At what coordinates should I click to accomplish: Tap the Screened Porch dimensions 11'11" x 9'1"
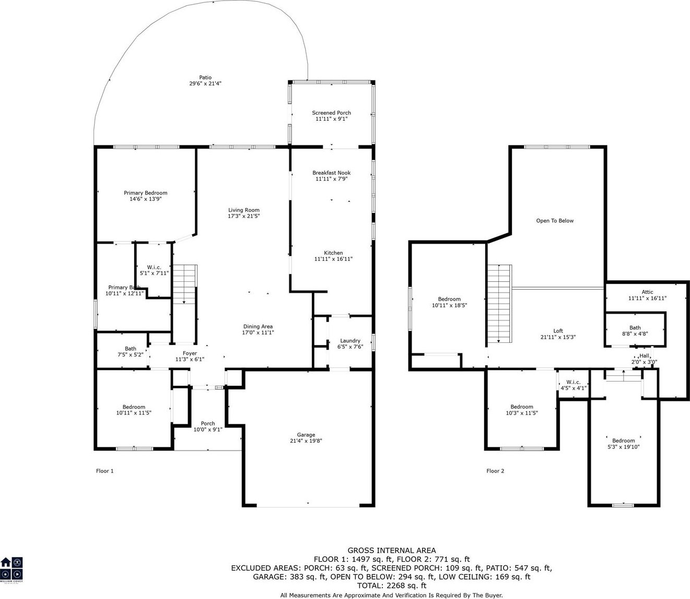pos(331,119)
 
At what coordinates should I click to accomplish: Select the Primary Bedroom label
pos(145,193)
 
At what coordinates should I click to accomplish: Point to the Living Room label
pos(243,210)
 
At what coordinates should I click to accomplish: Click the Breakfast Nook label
pos(331,172)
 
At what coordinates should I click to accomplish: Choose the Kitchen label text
pos(333,253)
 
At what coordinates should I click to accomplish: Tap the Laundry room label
pos(350,341)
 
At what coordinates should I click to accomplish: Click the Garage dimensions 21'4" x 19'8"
pos(306,441)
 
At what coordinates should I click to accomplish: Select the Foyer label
pos(190,353)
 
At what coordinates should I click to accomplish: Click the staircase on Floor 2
pos(499,303)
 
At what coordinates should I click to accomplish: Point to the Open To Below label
pos(555,221)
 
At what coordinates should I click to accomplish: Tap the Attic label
pos(647,292)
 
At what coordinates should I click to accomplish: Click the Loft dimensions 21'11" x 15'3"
pos(558,337)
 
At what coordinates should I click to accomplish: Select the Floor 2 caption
pos(495,471)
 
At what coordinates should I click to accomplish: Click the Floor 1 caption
pos(104,471)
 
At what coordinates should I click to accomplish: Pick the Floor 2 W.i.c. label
pos(573,382)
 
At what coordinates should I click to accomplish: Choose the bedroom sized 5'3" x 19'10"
pos(623,444)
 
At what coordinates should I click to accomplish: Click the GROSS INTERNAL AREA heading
pos(392,550)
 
